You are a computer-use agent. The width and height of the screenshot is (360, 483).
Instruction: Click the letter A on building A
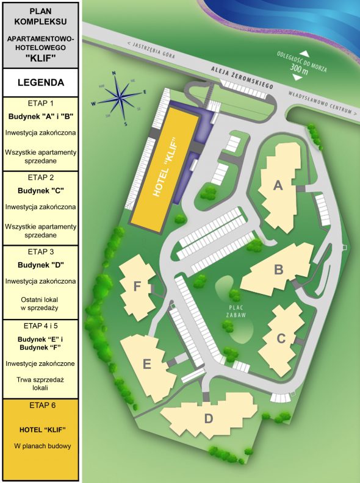[278, 186]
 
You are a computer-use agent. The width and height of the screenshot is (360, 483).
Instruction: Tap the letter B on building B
[278, 269]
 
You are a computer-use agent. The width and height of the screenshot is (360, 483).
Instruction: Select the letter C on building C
[281, 337]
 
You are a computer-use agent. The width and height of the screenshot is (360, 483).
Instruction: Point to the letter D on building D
[208, 419]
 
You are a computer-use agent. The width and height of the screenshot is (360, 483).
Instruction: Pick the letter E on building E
[146, 365]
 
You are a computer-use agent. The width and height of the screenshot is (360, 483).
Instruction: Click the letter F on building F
[137, 285]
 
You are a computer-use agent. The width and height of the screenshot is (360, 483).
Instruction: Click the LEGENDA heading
[40, 82]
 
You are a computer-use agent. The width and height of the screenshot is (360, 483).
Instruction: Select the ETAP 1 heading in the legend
[41, 104]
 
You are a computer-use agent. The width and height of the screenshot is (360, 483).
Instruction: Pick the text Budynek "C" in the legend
[41, 191]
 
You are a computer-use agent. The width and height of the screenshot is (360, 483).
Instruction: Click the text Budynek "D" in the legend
[41, 265]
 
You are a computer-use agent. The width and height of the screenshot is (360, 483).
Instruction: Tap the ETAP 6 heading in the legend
[41, 405]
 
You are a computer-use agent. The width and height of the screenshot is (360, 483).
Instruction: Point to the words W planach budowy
[41, 446]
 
